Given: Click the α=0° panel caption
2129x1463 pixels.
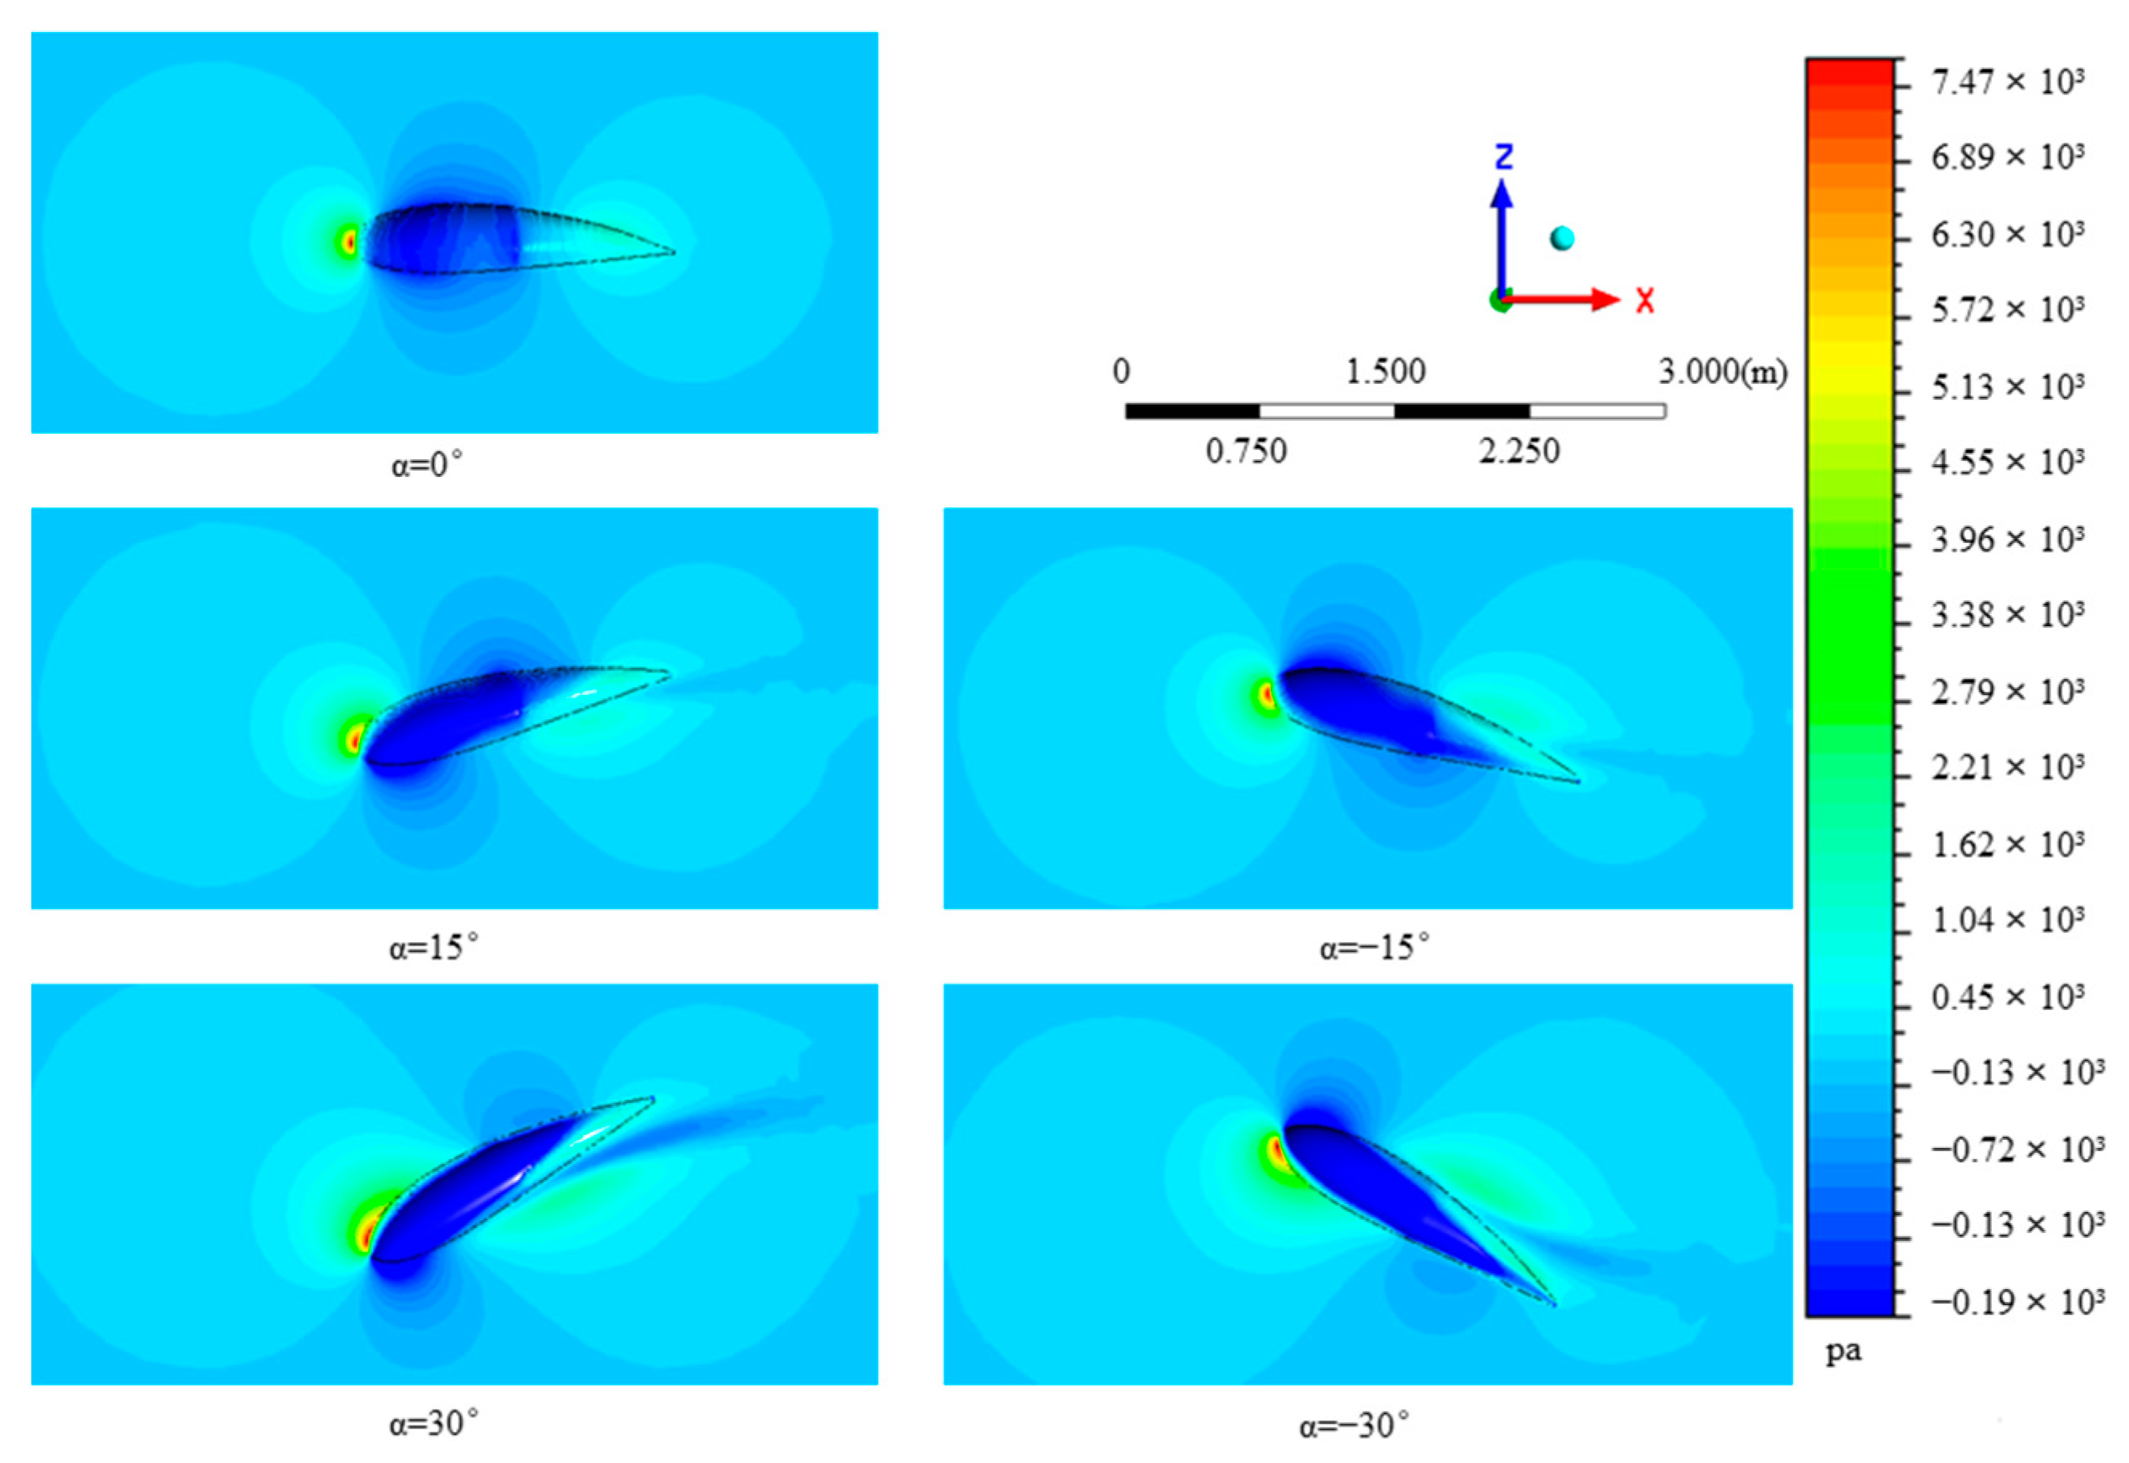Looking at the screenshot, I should click(427, 465).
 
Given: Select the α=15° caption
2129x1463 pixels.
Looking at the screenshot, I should click(433, 947).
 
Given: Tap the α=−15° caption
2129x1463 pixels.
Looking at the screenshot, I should click(1374, 947).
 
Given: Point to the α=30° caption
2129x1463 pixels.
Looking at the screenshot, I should click(433, 1424).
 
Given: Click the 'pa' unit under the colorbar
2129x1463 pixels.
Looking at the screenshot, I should click(1843, 1351).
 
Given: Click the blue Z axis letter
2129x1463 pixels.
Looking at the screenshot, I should click(1504, 157).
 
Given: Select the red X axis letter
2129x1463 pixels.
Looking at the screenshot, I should click(1645, 300).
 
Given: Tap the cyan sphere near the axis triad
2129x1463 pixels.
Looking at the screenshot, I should click(1562, 238).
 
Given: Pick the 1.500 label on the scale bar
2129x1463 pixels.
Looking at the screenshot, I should click(1386, 371).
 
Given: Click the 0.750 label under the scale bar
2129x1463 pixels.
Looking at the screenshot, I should click(1246, 451).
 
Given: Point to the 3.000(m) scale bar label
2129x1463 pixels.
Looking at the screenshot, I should click(1722, 371).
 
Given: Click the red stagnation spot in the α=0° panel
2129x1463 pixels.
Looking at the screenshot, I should click(348, 242).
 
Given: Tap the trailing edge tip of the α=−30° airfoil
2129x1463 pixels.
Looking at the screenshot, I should click(1554, 1303).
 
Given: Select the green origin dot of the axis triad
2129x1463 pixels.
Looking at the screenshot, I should click(1499, 300).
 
